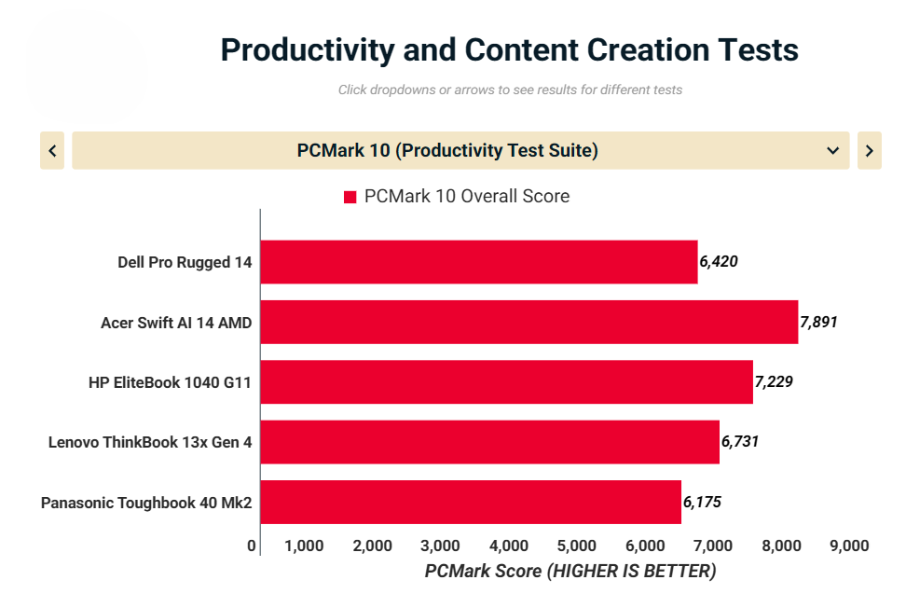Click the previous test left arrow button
coord(52,150)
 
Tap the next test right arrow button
coord(869,150)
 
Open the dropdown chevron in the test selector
coord(832,150)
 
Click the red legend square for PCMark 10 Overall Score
coord(350,197)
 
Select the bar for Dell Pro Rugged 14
coord(478,262)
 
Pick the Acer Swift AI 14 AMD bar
coord(528,322)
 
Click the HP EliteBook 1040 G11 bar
coord(506,381)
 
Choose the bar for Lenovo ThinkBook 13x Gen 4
coord(489,441)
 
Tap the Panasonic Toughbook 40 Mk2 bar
coord(471,502)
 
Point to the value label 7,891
coord(818,322)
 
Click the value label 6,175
coord(702,502)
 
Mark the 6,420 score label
coord(719,262)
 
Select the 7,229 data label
coord(774,381)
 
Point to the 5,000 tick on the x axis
coord(575,546)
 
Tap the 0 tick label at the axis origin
coord(252,546)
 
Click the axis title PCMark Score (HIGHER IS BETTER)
coord(570,571)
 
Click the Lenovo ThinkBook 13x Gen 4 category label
coord(150,442)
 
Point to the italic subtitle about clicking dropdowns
coord(510,90)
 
